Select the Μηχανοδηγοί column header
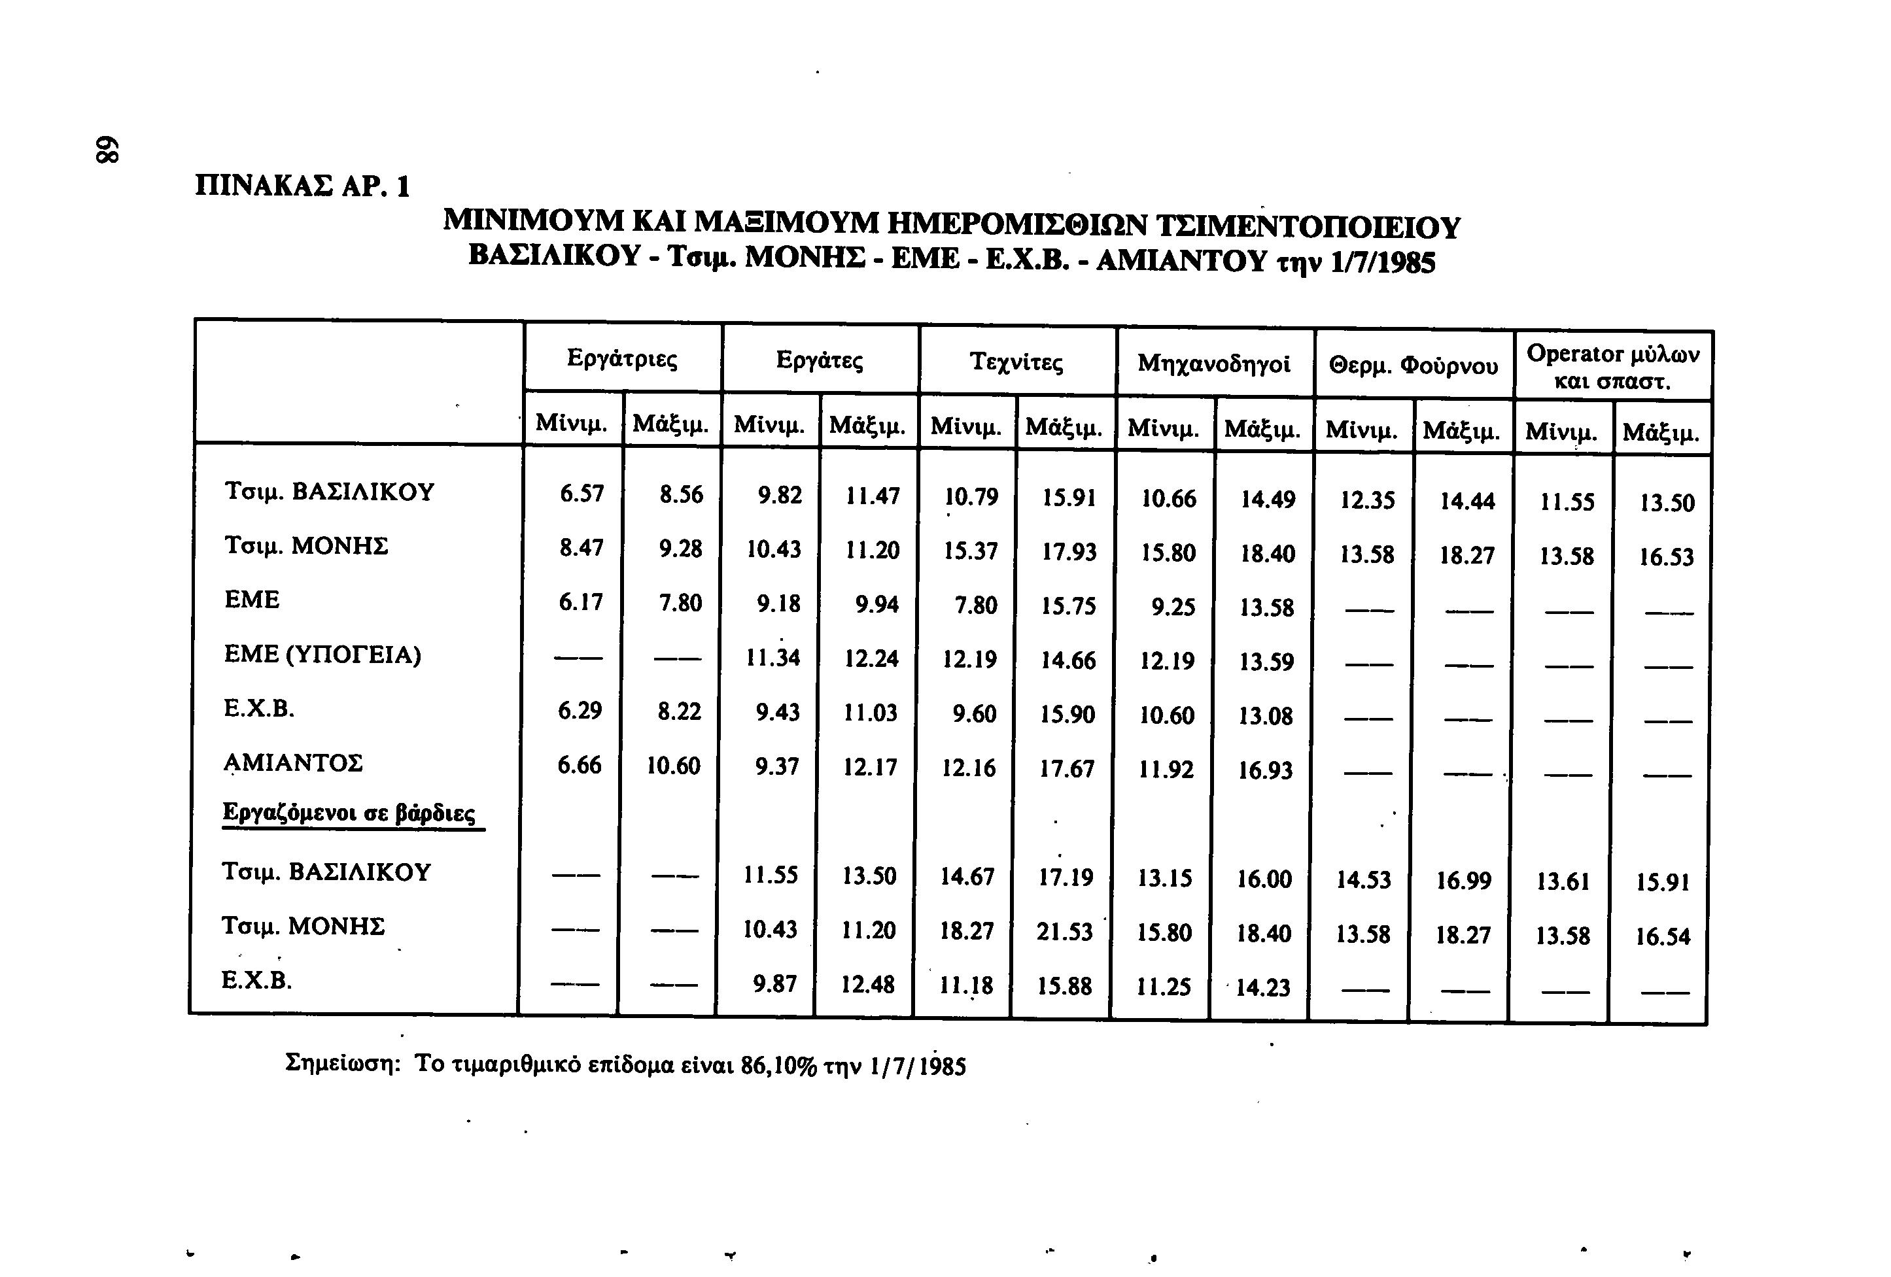(1214, 364)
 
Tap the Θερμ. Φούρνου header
(1414, 366)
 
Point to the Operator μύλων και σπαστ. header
(1613, 367)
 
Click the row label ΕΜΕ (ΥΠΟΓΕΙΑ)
(323, 655)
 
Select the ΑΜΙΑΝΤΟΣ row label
(293, 763)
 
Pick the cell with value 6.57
(581, 494)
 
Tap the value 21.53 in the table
(1064, 931)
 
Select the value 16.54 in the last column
(1662, 936)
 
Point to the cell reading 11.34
(773, 656)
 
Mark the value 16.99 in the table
(1463, 880)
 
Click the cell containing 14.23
(1263, 987)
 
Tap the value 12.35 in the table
(1367, 500)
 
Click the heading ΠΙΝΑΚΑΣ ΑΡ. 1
(303, 187)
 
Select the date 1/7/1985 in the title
(1383, 262)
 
